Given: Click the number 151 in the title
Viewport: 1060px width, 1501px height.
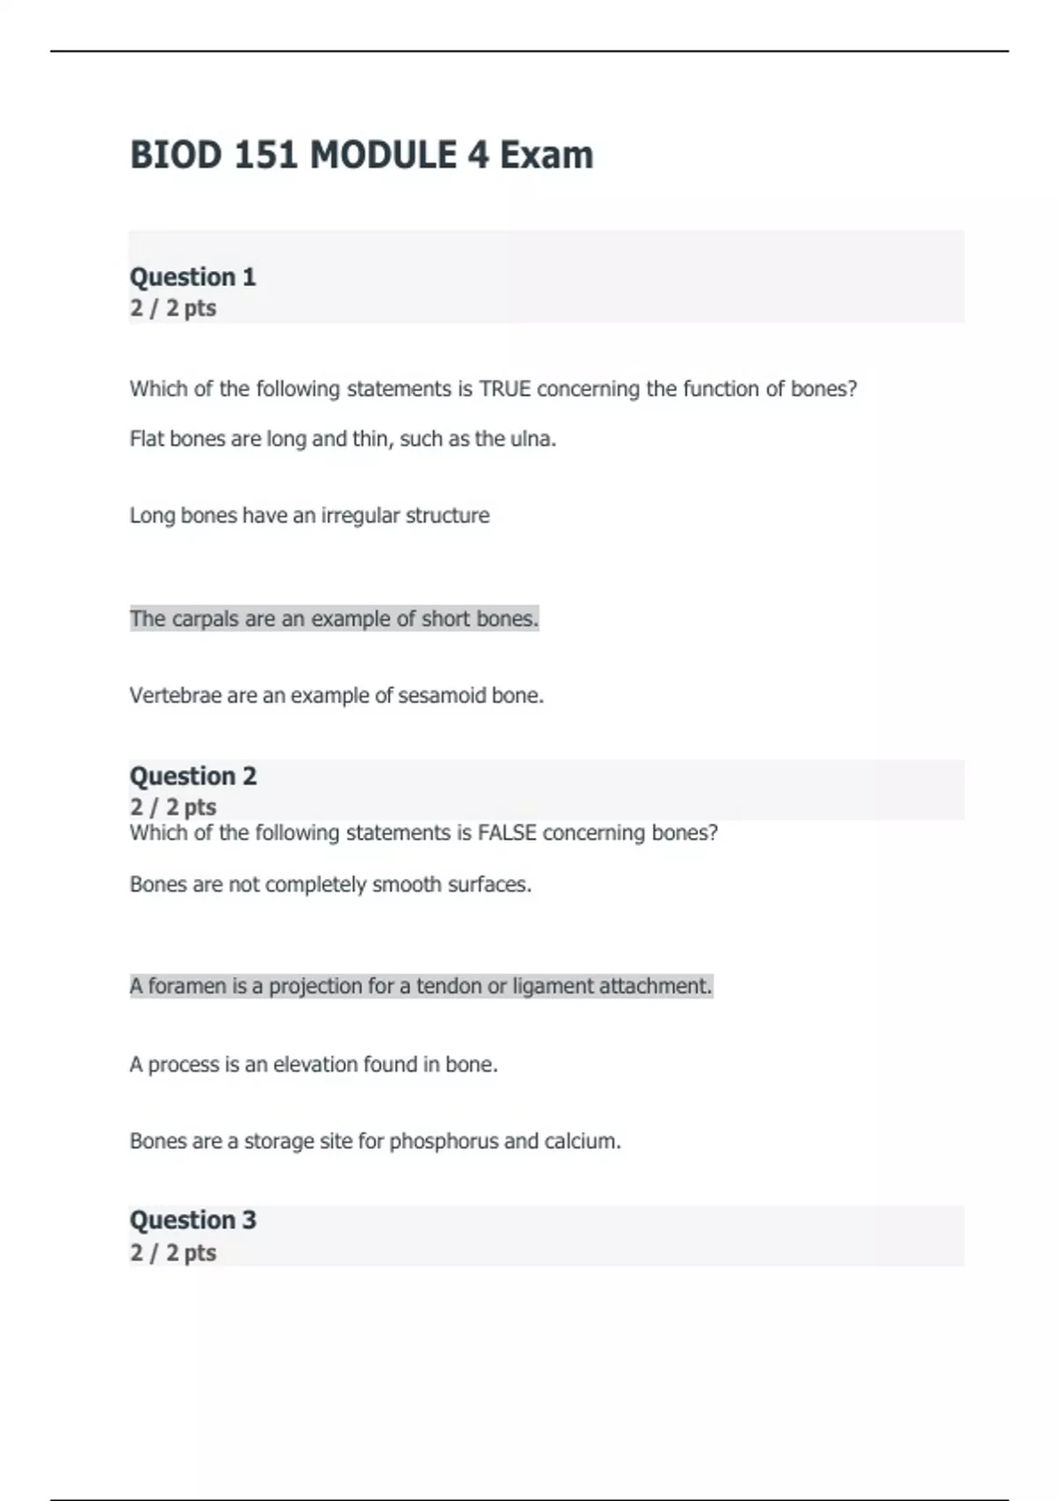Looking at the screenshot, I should click(265, 155).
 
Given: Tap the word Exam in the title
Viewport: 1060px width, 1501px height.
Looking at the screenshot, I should click(546, 155).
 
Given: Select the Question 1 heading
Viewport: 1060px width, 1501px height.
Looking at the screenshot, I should click(193, 277).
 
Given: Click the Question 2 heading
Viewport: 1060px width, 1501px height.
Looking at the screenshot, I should click(193, 776).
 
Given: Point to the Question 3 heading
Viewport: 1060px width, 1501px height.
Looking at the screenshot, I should click(193, 1220).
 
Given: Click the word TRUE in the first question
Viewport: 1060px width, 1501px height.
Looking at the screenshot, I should click(504, 389).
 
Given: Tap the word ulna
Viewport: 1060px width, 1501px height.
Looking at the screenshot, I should click(533, 439).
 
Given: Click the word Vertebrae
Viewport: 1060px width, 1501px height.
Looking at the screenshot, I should click(175, 696).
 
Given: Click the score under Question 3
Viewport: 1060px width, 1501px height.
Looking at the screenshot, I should click(173, 1253).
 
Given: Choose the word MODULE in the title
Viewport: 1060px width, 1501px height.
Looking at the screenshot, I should click(383, 155).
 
